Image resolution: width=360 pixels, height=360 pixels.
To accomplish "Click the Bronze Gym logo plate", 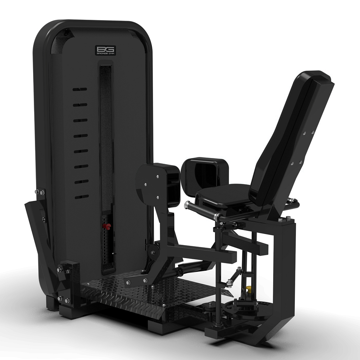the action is (105, 50).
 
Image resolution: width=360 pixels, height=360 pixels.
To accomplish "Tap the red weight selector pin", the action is (107, 226).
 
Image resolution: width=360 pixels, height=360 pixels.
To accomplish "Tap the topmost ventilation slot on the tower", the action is (80, 89).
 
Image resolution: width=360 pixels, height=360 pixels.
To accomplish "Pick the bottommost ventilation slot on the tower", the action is (82, 197).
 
